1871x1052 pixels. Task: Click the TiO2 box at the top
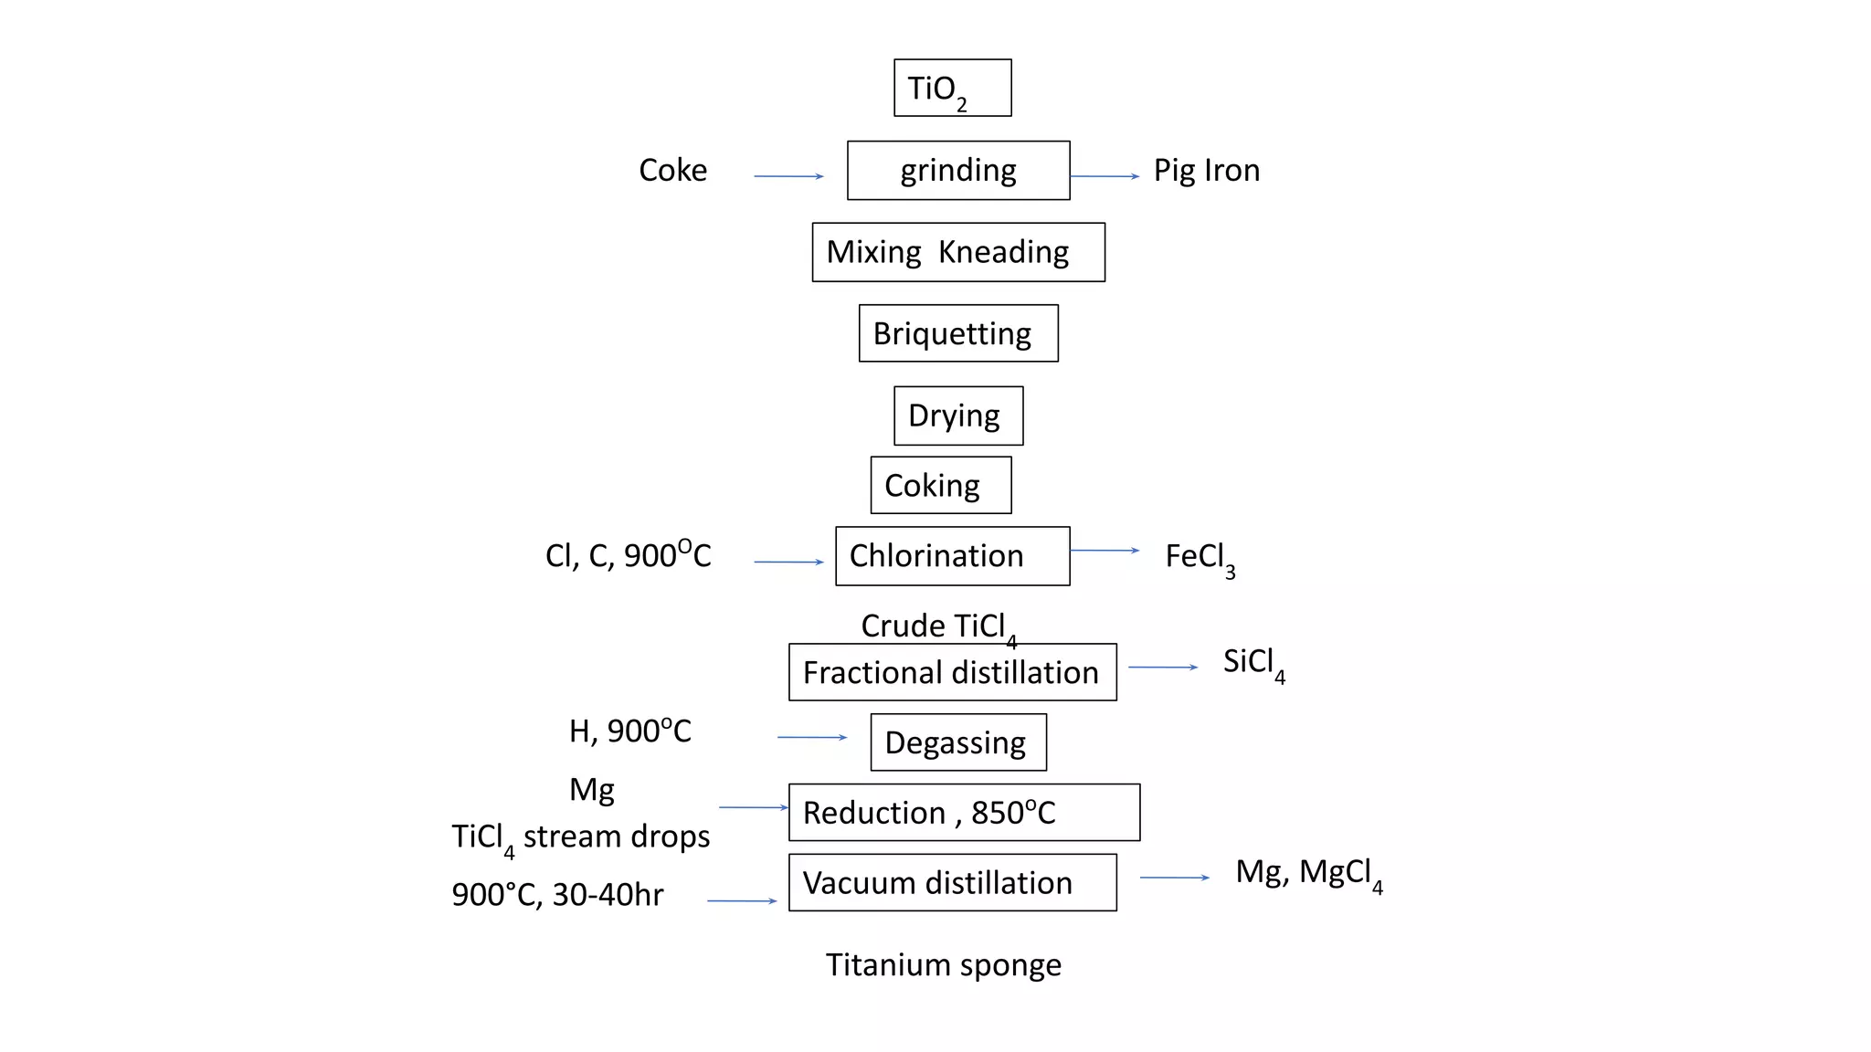pos(952,88)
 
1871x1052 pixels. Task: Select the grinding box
pos(958,170)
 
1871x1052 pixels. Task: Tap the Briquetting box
pos(958,333)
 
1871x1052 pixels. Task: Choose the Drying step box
pos(958,416)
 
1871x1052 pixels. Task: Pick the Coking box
pos(941,485)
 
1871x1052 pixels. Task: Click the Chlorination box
pos(952,556)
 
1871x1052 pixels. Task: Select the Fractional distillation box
pos(952,672)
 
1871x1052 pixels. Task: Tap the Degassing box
pos(958,742)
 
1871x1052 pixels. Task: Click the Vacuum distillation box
pos(952,882)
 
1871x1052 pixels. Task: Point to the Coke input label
pos(672,170)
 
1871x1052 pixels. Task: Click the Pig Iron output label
pos(1206,170)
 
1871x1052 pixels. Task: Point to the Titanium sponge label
pos(943,964)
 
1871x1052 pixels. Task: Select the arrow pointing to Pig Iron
pos(1105,176)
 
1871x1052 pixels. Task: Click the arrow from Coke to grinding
pos(788,176)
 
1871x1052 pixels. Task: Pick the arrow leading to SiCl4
pos(1162,668)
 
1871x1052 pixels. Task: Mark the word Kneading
pos(1003,252)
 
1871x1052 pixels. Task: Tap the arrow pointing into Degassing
pos(812,737)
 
